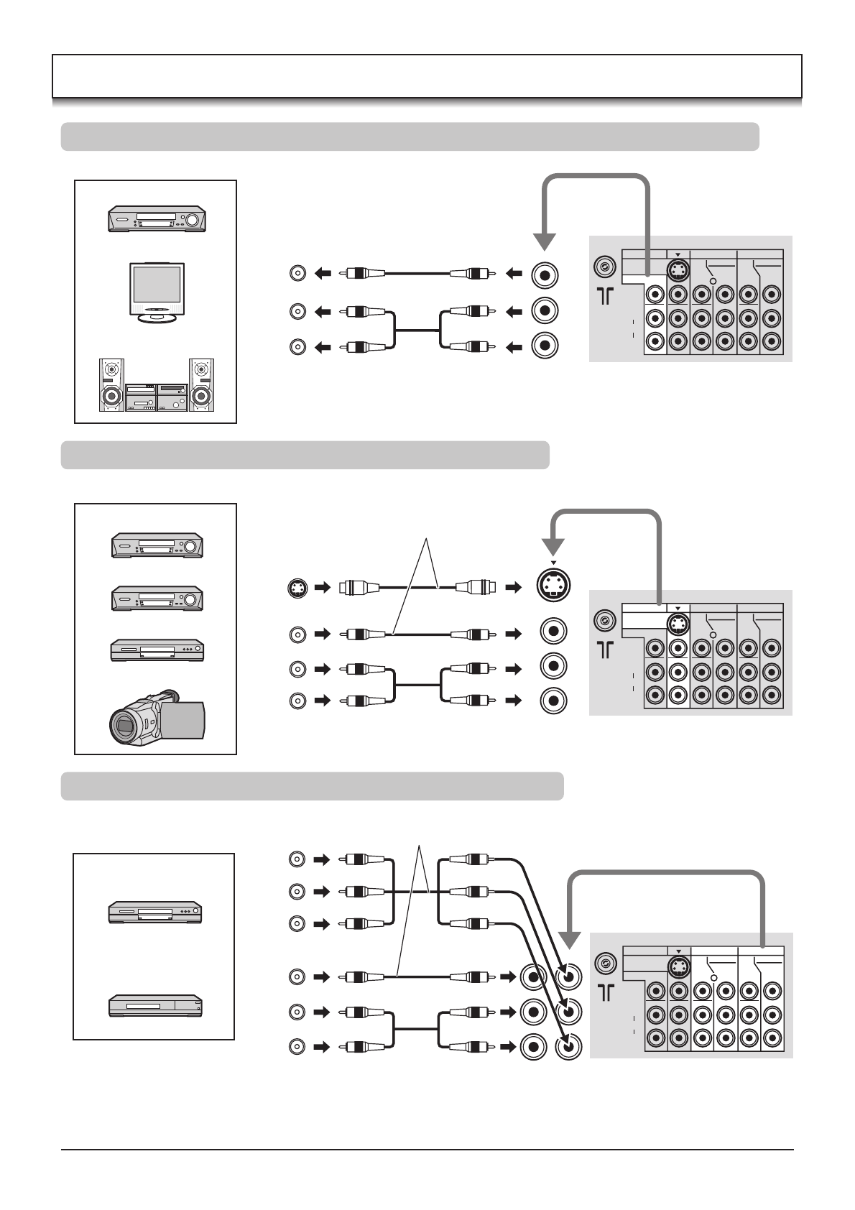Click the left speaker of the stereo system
pyautogui.click(x=111, y=385)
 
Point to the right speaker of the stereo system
pyautogui.click(x=201, y=385)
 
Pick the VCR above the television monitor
pyautogui.click(x=157, y=218)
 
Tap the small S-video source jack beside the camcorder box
pyautogui.click(x=297, y=587)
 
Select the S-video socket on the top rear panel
pyautogui.click(x=678, y=270)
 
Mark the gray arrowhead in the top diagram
pyautogui.click(x=545, y=243)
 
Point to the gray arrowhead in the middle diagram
pyautogui.click(x=553, y=547)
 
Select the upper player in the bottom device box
pyautogui.click(x=154, y=912)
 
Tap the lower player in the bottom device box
pyautogui.click(x=155, y=1005)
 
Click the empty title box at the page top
pyautogui.click(x=427, y=76)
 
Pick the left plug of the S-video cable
pyautogui.click(x=357, y=587)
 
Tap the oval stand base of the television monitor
pyautogui.click(x=156, y=318)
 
